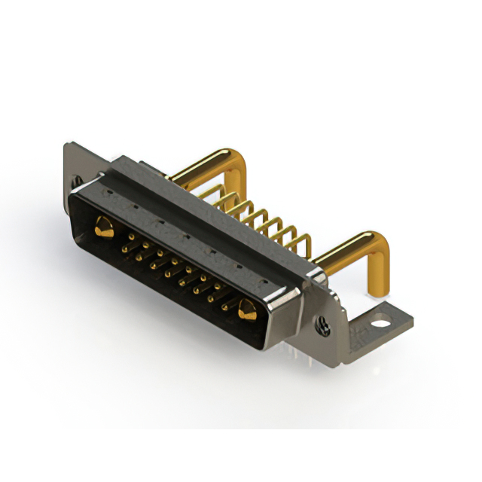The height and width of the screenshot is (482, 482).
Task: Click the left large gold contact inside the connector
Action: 105,225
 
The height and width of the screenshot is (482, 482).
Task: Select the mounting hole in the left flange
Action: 76,181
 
